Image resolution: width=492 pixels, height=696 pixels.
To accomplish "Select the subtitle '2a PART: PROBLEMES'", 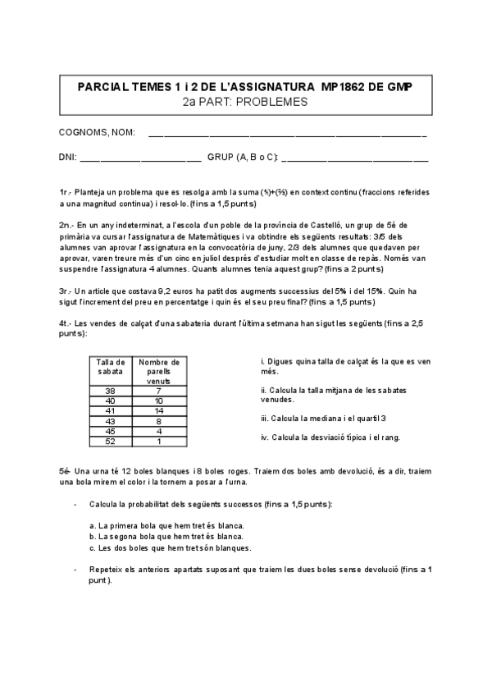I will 245,102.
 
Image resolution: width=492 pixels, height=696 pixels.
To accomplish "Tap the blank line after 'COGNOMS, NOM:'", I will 287,132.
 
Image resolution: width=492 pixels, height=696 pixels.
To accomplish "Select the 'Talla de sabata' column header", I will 110,367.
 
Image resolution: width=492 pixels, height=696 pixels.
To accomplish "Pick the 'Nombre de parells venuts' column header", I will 159,371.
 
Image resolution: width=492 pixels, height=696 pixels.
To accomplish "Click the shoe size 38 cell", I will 110,391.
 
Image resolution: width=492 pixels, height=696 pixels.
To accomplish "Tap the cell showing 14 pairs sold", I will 159,410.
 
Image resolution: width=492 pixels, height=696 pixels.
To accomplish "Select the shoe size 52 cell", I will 110,441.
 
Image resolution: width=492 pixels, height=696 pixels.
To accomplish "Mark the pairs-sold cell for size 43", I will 159,420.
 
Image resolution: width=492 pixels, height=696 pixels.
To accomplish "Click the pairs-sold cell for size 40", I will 159,401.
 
